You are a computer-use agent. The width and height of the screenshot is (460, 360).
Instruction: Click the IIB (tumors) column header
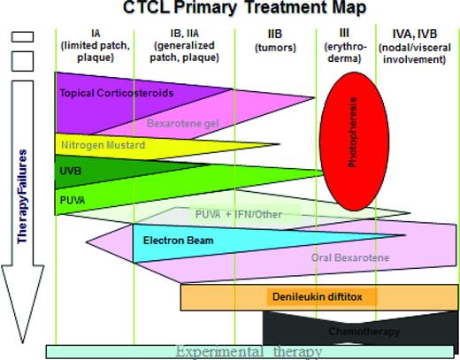(275, 40)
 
